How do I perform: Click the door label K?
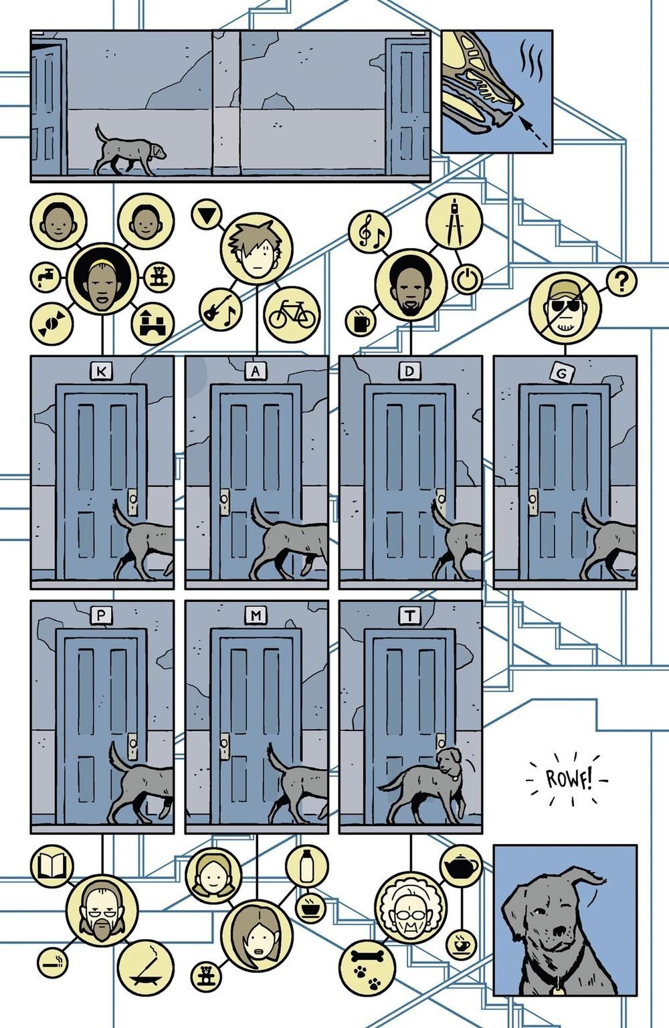click(100, 371)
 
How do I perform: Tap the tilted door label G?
click(561, 373)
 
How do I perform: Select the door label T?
click(408, 615)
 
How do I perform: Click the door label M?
click(254, 615)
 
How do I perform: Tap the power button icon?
click(466, 280)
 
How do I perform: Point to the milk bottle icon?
click(306, 865)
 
